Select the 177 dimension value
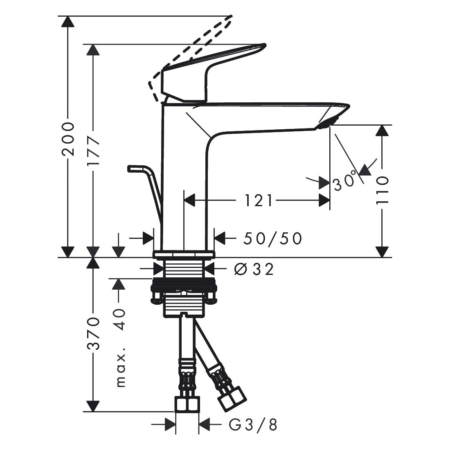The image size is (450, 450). [93, 151]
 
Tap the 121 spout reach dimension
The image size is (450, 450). [258, 200]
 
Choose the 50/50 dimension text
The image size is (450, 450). [272, 239]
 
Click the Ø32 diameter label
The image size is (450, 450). [254, 269]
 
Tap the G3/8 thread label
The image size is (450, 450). [253, 425]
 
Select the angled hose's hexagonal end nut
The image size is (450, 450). [232, 398]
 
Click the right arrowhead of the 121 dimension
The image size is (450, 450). [324, 200]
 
